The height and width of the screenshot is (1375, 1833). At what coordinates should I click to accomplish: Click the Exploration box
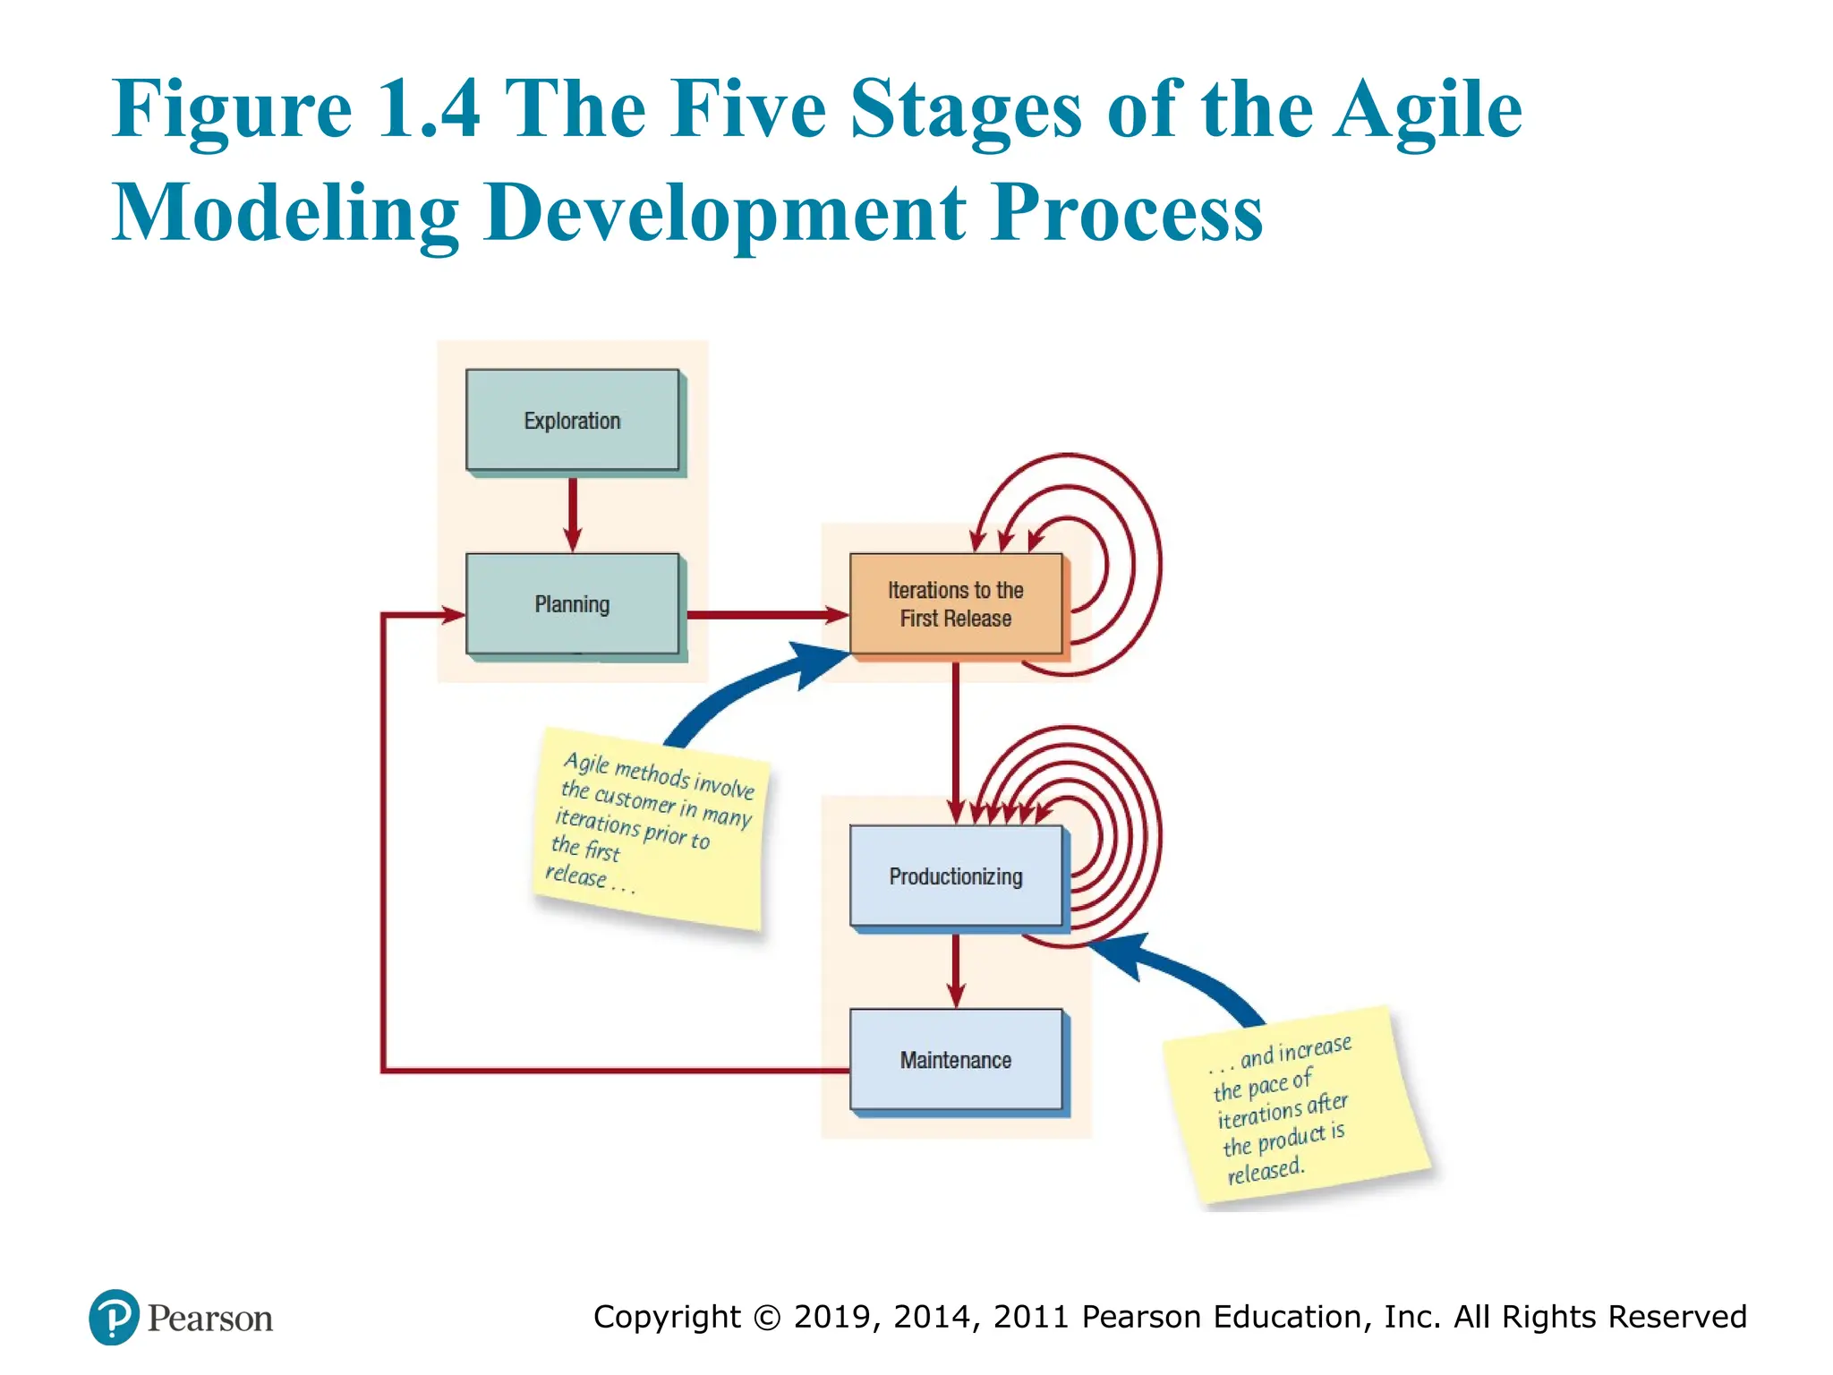point(572,420)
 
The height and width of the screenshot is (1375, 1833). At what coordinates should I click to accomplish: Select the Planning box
point(572,603)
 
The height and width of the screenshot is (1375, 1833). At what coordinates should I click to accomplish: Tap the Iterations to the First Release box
point(955,603)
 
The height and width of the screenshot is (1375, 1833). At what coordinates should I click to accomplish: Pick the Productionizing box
point(955,875)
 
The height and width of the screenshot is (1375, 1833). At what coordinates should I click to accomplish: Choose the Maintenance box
point(955,1059)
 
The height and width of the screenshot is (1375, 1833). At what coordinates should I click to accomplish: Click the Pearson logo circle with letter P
point(114,1317)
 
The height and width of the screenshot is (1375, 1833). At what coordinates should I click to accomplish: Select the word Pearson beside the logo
point(210,1319)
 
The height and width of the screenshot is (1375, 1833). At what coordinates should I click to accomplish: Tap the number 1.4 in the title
point(429,109)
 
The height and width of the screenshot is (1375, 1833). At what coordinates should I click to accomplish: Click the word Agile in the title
point(1427,109)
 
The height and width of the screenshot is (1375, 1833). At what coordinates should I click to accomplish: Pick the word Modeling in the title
point(286,213)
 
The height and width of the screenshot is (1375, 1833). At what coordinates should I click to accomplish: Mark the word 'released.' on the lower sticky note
point(1266,1170)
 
